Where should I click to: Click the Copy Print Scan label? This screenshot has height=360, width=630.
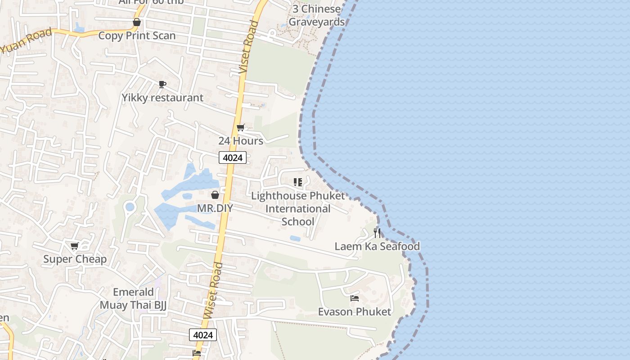pyautogui.click(x=137, y=36)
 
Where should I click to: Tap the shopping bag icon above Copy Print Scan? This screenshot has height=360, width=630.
pyautogui.click(x=137, y=22)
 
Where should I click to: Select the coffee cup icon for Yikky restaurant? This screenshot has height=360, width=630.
pyautogui.click(x=162, y=84)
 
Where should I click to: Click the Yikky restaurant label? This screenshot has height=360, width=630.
pyautogui.click(x=162, y=98)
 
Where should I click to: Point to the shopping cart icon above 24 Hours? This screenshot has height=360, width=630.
pyautogui.click(x=241, y=128)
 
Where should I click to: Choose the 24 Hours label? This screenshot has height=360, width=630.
pyautogui.click(x=241, y=141)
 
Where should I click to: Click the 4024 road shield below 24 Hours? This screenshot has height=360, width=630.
pyautogui.click(x=233, y=157)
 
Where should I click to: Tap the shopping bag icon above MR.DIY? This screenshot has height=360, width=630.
pyautogui.click(x=215, y=195)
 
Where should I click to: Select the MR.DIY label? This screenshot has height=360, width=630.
pyautogui.click(x=215, y=208)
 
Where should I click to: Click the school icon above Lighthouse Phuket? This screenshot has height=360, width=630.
pyautogui.click(x=297, y=182)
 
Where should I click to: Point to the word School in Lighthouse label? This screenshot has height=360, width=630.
pyautogui.click(x=298, y=222)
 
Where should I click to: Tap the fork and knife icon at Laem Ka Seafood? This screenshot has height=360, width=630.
pyautogui.click(x=377, y=233)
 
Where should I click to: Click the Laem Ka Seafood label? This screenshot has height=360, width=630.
pyautogui.click(x=377, y=246)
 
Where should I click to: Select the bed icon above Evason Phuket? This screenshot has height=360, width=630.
pyautogui.click(x=355, y=298)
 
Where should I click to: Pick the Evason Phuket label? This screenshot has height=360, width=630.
pyautogui.click(x=355, y=311)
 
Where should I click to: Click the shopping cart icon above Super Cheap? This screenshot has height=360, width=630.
pyautogui.click(x=75, y=246)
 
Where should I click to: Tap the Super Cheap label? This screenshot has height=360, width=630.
pyautogui.click(x=75, y=259)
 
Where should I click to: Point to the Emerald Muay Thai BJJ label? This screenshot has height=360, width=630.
pyautogui.click(x=133, y=298)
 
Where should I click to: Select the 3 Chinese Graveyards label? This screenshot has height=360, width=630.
pyautogui.click(x=317, y=15)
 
